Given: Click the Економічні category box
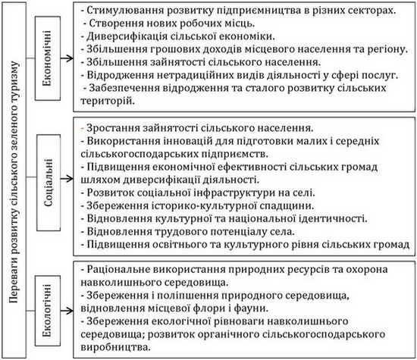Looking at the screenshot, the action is (x=48, y=58).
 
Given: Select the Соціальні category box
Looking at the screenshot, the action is (x=49, y=183).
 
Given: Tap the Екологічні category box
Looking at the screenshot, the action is (x=48, y=311).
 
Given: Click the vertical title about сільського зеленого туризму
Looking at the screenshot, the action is (x=14, y=182).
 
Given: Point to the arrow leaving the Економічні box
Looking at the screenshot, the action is (x=67, y=58).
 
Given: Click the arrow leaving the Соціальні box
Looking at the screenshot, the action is (x=67, y=178).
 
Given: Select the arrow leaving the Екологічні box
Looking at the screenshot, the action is (x=67, y=311).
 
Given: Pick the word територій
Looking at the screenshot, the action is (x=106, y=102).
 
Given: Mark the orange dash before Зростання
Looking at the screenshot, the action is (x=83, y=128).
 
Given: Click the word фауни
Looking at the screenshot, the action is (x=251, y=308).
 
